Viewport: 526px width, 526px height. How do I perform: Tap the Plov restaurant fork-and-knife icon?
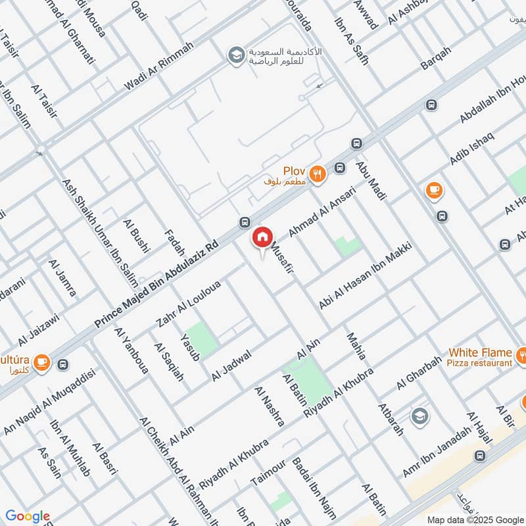pos(318,174)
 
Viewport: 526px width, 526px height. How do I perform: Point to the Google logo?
pos(28,516)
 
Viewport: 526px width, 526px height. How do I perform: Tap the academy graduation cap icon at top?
pos(234,55)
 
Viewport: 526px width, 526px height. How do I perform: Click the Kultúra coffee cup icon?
pos(41,362)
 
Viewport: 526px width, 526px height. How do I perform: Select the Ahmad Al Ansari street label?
pos(322,213)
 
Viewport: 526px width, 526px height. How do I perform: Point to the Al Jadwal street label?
pos(231,365)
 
